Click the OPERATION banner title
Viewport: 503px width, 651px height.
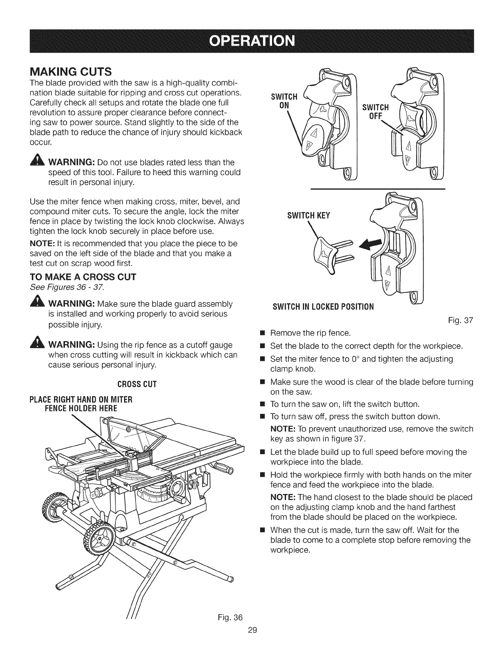pos(251,42)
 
